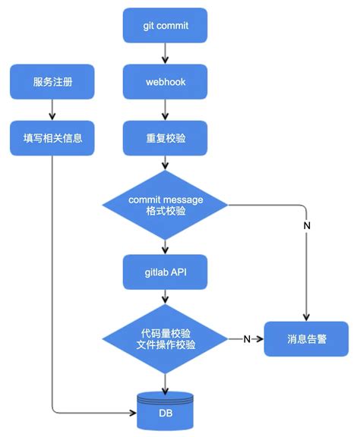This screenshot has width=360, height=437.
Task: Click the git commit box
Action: pyautogui.click(x=165, y=26)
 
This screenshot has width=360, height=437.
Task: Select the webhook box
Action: pyautogui.click(x=165, y=81)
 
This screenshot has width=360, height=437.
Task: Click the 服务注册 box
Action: pyautogui.click(x=52, y=81)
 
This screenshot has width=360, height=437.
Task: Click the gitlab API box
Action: pyautogui.click(x=165, y=272)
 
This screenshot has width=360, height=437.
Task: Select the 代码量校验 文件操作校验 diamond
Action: pyautogui.click(x=165, y=338)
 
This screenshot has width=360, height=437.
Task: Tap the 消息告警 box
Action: pyautogui.click(x=307, y=338)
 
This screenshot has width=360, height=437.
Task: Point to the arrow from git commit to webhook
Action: pyautogui.click(x=165, y=53)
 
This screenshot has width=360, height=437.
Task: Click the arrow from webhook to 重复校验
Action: pyautogui.click(x=165, y=109)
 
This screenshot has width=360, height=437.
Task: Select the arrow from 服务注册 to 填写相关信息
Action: pyautogui.click(x=52, y=109)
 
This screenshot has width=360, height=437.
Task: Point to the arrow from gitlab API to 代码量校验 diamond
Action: pyautogui.click(x=165, y=299)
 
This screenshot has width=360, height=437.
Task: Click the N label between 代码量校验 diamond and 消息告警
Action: pyautogui.click(x=247, y=338)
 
